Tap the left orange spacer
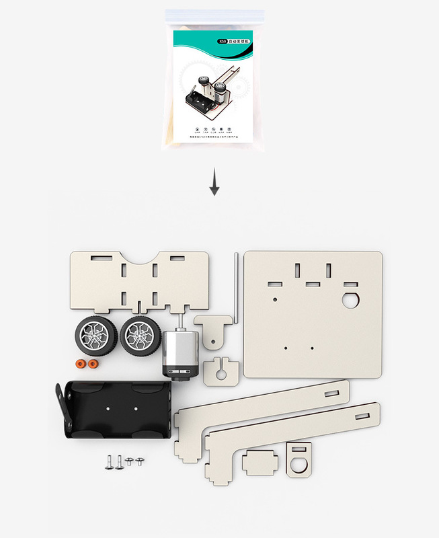point(81,364)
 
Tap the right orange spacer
point(93,364)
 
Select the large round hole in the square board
point(350,299)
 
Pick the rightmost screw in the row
point(139,461)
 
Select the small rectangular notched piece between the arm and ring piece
point(260,463)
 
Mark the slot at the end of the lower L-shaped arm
point(362,416)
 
